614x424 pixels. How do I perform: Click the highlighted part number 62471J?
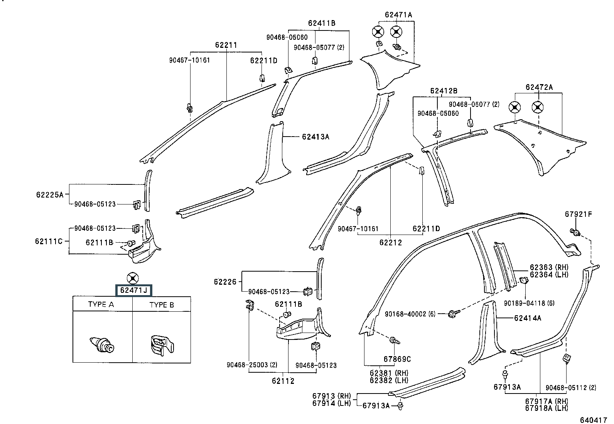[134, 291]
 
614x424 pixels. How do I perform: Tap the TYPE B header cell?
[162, 304]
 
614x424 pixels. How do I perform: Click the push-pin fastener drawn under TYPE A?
[102, 345]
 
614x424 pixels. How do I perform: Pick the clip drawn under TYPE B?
[162, 345]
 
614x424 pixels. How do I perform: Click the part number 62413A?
[315, 137]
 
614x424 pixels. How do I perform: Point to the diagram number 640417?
[594, 420]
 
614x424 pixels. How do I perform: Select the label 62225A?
[50, 194]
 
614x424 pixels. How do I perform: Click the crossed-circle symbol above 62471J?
[133, 279]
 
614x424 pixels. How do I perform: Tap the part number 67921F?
[579, 214]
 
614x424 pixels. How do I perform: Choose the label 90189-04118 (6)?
[529, 303]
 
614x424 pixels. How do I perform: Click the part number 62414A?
[528, 318]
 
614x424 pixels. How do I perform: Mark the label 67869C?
[397, 359]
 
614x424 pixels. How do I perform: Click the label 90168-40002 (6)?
[410, 314]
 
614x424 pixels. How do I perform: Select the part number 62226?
[225, 282]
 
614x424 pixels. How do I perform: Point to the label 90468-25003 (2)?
[252, 365]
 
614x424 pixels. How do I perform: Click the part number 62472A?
[539, 87]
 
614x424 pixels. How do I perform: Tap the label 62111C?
[49, 241]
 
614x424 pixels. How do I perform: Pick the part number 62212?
[391, 242]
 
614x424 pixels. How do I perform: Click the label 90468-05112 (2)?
[571, 387]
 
